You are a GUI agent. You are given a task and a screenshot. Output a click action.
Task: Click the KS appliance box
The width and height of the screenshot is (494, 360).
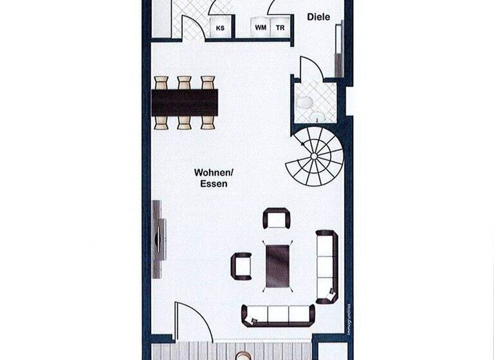tap(221, 28)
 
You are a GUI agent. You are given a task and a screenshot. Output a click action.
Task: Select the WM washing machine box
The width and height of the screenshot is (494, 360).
tap(261, 28)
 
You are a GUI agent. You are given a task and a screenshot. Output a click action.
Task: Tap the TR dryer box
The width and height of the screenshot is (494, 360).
tap(280, 28)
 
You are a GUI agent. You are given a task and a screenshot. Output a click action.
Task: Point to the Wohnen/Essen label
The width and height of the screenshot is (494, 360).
tap(212, 177)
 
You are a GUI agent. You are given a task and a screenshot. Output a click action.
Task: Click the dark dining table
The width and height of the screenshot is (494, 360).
tap(185, 102)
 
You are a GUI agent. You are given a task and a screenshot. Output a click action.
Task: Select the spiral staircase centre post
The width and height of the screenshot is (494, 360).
tap(313, 156)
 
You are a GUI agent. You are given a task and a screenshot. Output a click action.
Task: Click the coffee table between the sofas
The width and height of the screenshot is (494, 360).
tap(277, 264)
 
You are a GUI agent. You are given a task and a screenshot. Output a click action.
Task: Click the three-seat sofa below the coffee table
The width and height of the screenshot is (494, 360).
tap(278, 314)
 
